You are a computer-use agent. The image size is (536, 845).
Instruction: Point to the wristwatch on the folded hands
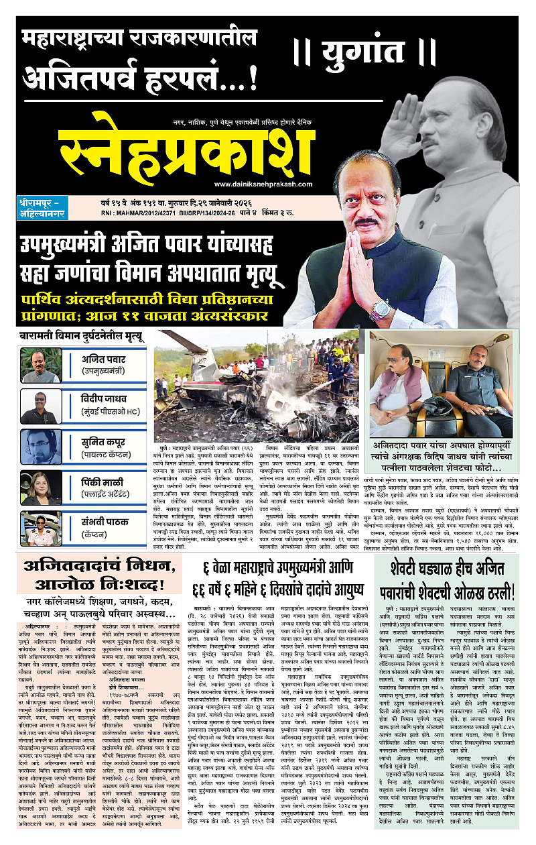(x=379, y=310)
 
